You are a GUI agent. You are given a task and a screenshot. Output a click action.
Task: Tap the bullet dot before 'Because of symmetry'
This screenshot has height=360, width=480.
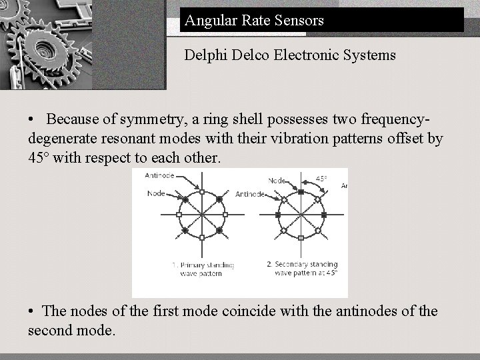[x=32, y=120]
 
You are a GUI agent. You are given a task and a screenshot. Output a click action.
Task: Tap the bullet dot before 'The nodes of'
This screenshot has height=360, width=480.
[x=32, y=311]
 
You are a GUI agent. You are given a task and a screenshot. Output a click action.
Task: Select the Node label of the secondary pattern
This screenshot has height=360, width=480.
[x=277, y=180]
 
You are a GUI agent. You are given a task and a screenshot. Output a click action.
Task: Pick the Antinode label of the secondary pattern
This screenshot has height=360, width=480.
[x=250, y=194]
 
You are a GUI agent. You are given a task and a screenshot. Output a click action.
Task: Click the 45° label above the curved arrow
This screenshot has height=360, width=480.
[x=321, y=179]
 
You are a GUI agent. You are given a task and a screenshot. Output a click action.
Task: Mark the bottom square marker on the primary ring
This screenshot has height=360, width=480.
[x=201, y=237]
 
